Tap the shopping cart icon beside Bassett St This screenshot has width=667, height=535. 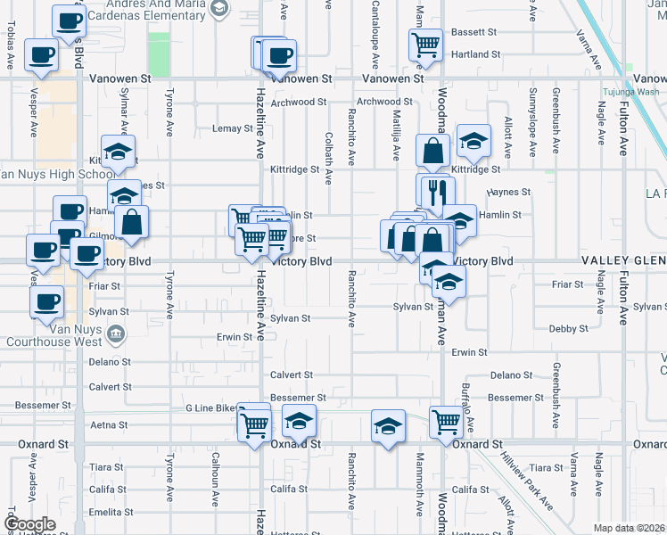point(426,43)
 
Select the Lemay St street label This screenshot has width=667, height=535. point(234,128)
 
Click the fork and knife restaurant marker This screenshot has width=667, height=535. point(436,191)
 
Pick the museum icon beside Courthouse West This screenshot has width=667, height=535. point(115,334)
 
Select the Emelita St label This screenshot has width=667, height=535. point(111,512)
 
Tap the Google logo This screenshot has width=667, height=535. point(30,524)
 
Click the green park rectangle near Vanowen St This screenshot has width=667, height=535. point(159,53)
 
